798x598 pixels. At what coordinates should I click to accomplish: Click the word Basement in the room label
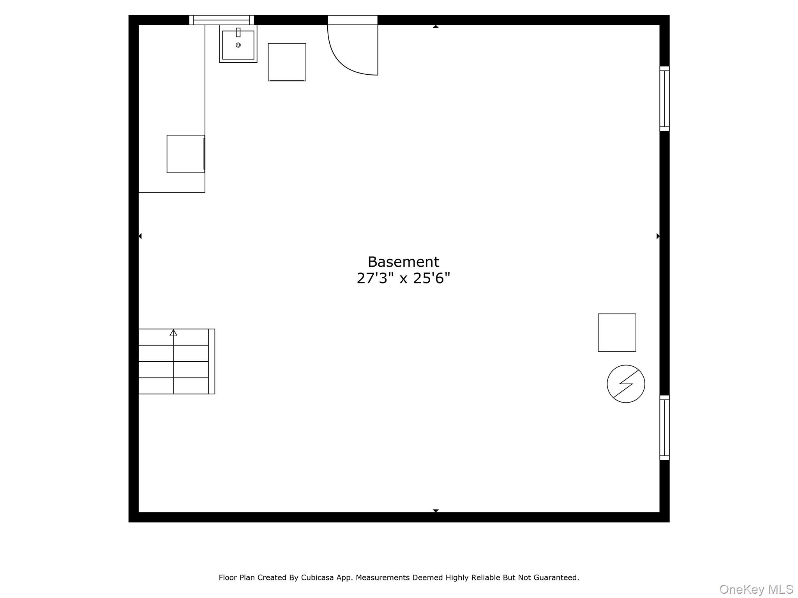coord(403,262)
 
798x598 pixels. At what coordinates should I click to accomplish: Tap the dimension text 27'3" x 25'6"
coord(403,278)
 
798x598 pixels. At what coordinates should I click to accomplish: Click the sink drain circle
coord(238,45)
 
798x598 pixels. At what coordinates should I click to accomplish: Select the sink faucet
coord(238,32)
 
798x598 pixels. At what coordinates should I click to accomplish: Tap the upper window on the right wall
coord(664,98)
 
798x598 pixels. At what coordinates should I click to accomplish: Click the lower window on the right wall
coord(664,427)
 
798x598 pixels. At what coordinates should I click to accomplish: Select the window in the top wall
coord(221,20)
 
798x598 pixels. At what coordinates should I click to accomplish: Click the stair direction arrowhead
coord(173,333)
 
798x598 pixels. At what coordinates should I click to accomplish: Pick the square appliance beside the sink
coord(287,62)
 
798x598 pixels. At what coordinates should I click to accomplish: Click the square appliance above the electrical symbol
coord(617,332)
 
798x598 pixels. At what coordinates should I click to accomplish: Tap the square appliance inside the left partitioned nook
coord(186,154)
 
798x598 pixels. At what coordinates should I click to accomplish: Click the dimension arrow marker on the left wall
coord(140,236)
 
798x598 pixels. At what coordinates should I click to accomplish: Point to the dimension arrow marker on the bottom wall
coord(436,510)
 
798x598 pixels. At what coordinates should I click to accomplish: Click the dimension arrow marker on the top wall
coord(436,26)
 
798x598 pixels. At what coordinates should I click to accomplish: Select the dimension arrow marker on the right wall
coord(658,236)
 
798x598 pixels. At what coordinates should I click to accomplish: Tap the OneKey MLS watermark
coord(756,589)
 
